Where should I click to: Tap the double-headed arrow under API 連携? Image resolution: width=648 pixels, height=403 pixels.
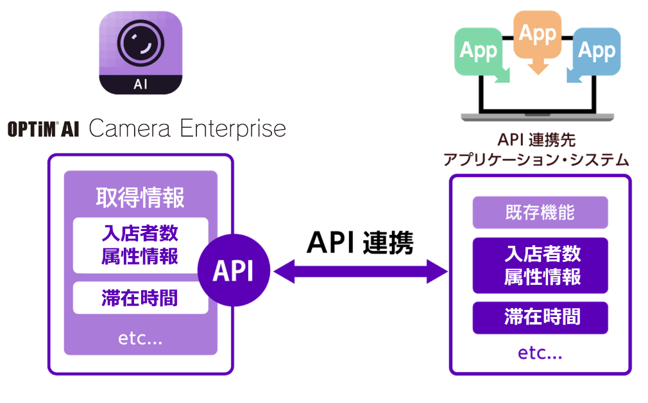point(360,272)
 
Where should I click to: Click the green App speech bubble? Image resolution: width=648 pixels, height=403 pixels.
point(479,51)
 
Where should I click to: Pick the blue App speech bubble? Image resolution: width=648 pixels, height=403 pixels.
point(596,51)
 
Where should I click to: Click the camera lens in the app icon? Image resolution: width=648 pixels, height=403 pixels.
point(141,41)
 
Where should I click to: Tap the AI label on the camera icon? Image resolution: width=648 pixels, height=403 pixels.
point(141,85)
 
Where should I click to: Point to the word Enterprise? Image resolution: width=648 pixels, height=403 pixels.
point(232,129)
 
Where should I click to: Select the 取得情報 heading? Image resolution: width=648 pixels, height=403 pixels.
point(141,198)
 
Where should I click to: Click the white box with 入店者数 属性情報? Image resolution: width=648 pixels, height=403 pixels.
point(141,245)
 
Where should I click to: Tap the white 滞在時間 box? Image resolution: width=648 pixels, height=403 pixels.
point(141,298)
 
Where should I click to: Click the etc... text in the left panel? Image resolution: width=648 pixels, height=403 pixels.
point(141,338)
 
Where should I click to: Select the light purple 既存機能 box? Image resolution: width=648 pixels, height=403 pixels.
point(540,212)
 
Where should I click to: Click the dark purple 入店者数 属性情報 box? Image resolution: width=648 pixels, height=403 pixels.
point(540,266)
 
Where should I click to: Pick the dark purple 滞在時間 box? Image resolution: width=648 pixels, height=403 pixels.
point(540,317)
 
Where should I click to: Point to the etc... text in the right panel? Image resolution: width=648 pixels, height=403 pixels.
point(540,352)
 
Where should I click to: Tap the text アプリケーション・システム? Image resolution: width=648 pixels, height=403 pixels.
point(536,160)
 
